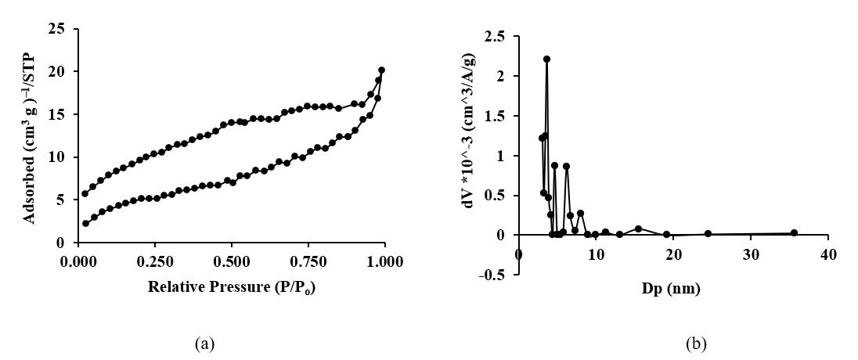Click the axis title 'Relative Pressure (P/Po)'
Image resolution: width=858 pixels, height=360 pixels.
232,287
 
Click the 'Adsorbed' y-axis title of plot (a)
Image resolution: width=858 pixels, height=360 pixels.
31,135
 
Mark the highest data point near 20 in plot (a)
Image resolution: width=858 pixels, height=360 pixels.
381,70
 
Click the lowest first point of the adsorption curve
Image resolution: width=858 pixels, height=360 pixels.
85,223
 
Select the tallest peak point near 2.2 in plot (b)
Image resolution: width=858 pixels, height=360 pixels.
546,59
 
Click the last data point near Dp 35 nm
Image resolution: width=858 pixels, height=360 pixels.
794,232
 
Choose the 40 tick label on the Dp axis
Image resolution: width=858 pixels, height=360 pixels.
828,255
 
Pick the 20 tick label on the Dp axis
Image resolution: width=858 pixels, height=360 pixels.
673,255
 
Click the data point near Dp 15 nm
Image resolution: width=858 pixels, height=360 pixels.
639,229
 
